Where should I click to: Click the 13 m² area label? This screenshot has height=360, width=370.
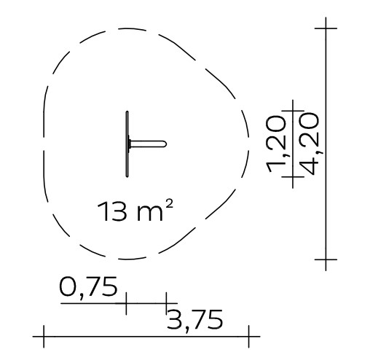[x=135, y=211]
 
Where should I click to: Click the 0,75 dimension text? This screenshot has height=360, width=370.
[x=88, y=287]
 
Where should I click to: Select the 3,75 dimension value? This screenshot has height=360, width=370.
[x=194, y=320]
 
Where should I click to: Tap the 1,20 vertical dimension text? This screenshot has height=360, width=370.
[x=276, y=144]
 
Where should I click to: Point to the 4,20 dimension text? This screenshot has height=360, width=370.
[x=309, y=144]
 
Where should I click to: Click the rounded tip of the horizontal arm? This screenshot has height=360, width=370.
[x=165, y=144]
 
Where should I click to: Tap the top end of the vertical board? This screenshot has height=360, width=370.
[x=127, y=112]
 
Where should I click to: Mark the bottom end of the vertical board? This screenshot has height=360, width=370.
[x=127, y=176]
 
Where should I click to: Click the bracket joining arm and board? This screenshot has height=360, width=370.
[x=129, y=144]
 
